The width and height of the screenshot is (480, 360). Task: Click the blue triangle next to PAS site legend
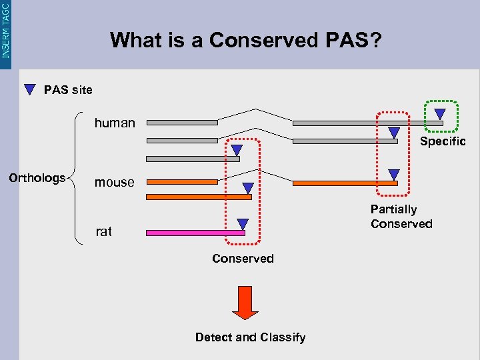30,89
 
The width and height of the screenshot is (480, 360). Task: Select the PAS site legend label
68,89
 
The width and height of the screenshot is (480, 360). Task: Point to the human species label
115,123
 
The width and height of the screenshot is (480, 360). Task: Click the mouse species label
114,182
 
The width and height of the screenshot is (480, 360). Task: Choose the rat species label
103,231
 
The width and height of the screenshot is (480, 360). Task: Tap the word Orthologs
37,178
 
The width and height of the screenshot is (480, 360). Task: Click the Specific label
443,141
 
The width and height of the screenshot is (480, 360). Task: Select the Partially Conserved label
401,217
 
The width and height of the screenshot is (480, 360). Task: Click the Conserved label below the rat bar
243,258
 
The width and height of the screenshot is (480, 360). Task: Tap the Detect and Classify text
250,337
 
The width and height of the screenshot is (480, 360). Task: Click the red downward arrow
245,303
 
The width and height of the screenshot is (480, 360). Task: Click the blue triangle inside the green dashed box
439,114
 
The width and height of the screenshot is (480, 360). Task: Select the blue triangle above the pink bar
243,224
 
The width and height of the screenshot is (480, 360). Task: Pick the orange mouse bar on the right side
345,183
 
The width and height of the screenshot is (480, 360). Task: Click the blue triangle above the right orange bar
393,174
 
